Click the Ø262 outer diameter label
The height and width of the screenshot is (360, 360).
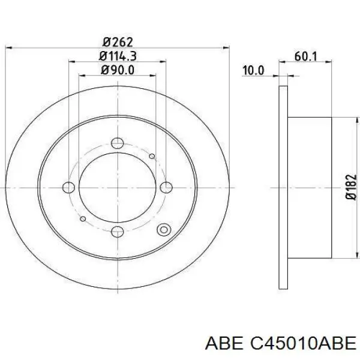117,41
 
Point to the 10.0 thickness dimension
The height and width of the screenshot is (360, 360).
253,70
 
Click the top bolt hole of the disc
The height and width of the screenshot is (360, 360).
118,142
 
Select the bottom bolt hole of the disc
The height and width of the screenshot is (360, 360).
118,232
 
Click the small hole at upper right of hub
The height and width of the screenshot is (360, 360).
152,157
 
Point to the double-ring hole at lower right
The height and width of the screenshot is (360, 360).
163,229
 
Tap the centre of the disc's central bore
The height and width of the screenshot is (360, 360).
118,187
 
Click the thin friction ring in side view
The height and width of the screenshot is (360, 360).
284,187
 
